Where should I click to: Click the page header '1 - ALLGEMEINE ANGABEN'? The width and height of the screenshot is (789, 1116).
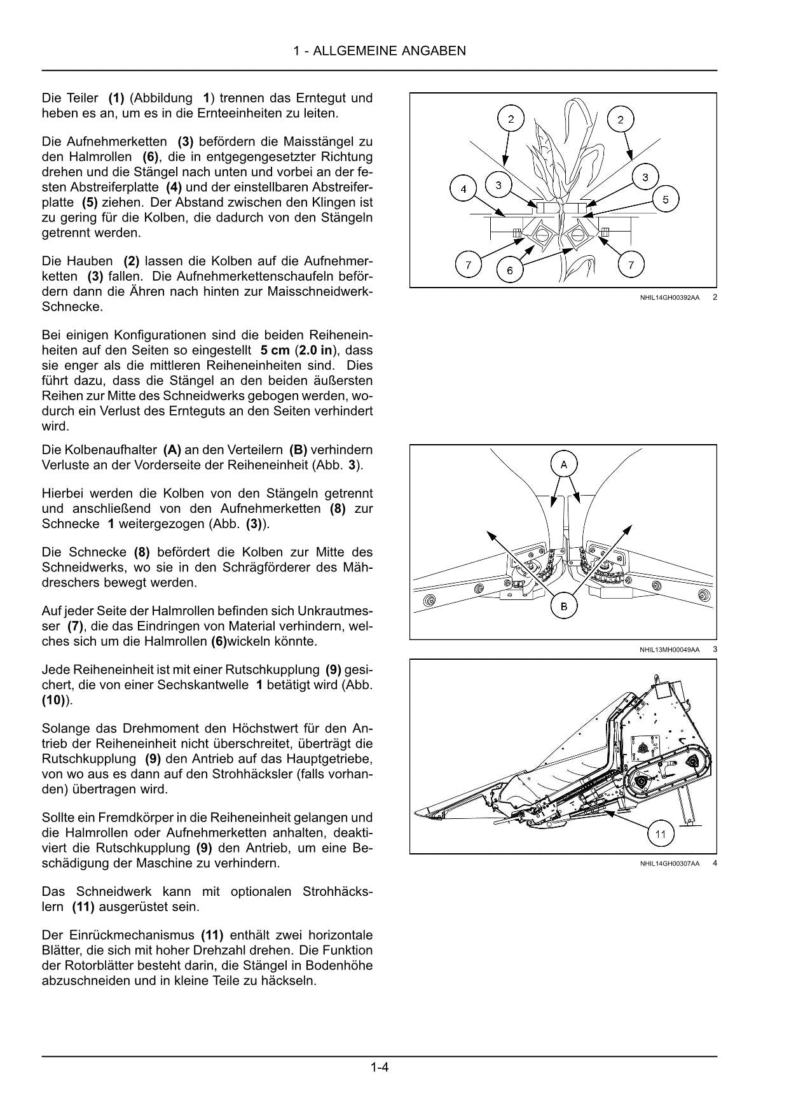click(x=380, y=51)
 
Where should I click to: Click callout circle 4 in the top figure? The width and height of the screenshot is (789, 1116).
click(x=463, y=189)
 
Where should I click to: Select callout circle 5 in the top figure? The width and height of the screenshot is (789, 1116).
click(x=665, y=200)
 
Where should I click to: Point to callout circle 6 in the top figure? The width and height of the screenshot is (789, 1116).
click(x=509, y=270)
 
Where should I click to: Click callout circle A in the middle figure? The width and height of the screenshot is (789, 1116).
click(x=563, y=464)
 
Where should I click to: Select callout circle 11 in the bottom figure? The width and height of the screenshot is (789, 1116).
click(x=661, y=834)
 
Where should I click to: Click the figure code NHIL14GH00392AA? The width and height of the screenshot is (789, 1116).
click(x=669, y=297)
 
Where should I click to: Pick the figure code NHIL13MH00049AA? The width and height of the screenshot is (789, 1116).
click(x=669, y=650)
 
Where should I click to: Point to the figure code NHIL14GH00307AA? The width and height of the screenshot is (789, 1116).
click(x=669, y=863)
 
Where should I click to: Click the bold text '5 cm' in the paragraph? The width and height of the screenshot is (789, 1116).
click(x=275, y=351)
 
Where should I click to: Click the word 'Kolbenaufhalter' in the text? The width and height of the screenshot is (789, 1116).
click(x=114, y=450)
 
